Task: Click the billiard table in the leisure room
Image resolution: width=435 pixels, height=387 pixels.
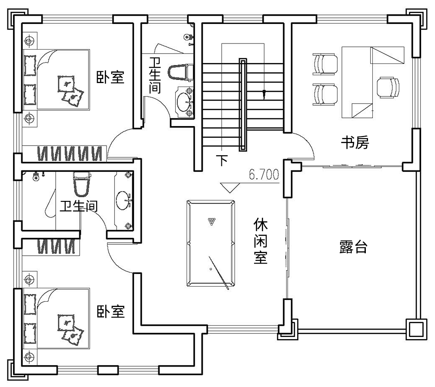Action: click(211, 244)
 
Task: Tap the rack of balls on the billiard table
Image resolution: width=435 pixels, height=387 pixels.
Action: click(211, 221)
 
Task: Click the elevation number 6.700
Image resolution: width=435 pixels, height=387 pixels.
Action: click(263, 175)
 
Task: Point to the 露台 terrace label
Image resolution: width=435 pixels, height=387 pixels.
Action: click(353, 247)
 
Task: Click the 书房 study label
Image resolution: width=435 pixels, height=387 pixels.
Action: click(355, 143)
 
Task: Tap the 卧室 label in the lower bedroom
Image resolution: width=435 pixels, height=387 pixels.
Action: click(110, 311)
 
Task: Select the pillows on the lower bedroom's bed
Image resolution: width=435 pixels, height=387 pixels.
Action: click(70, 328)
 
